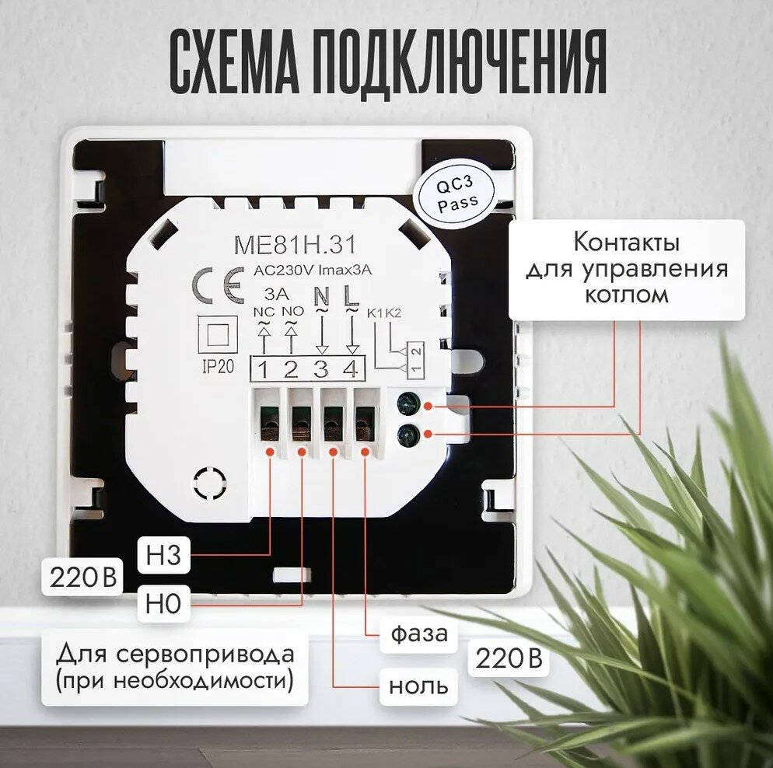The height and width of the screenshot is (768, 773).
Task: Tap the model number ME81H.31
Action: (295, 245)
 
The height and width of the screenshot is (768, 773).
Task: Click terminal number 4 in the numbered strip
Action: (351, 368)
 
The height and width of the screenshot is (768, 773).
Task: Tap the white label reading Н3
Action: (164, 556)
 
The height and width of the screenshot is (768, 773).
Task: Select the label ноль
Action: (418, 686)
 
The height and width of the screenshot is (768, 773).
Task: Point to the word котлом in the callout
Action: (626, 295)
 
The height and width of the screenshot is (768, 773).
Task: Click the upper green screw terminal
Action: (407, 403)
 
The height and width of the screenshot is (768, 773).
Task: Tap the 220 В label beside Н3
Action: (82, 578)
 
